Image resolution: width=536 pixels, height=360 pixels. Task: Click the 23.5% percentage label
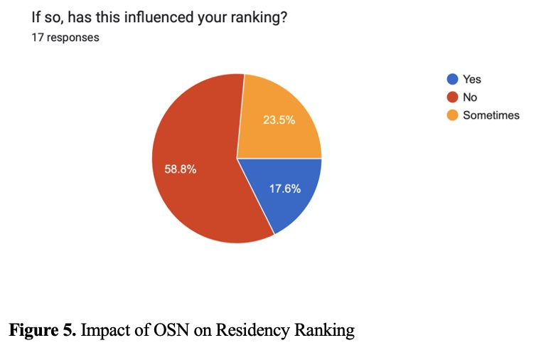(x=279, y=120)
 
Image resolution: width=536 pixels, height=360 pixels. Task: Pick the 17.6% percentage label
(x=284, y=189)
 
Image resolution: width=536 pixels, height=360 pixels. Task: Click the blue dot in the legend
(x=451, y=80)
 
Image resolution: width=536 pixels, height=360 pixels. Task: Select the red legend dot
(x=451, y=97)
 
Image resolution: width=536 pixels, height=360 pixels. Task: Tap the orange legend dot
(x=451, y=115)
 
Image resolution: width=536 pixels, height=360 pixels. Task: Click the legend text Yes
(x=472, y=80)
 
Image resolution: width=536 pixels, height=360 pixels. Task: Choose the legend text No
(x=470, y=97)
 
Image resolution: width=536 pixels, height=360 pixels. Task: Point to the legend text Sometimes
(x=491, y=115)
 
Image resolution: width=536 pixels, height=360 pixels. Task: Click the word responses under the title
(x=72, y=38)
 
